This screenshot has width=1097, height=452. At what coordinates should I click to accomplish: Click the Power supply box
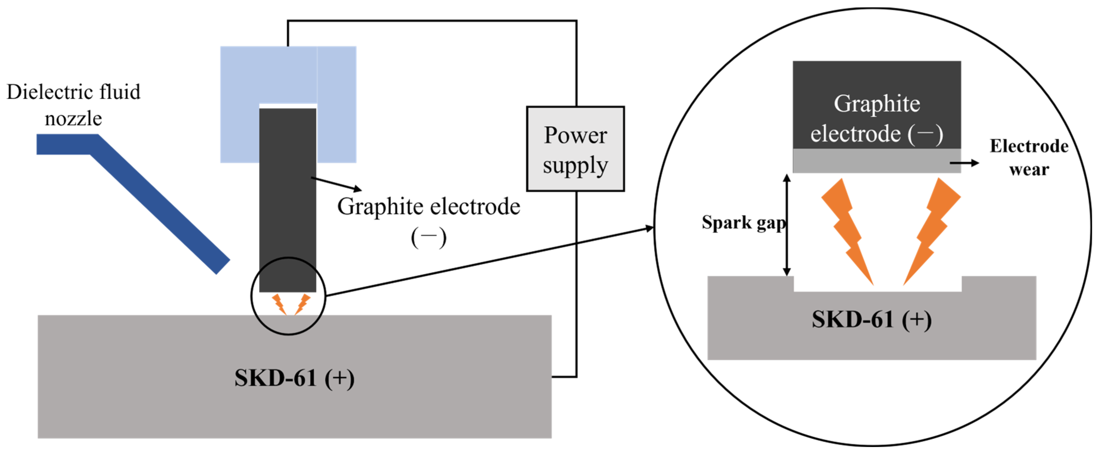click(x=575, y=149)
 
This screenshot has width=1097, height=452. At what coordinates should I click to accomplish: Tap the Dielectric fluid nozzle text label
click(x=73, y=105)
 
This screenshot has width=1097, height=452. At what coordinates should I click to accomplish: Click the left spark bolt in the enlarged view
click(x=845, y=230)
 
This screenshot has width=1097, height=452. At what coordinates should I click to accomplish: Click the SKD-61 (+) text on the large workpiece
click(x=294, y=378)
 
